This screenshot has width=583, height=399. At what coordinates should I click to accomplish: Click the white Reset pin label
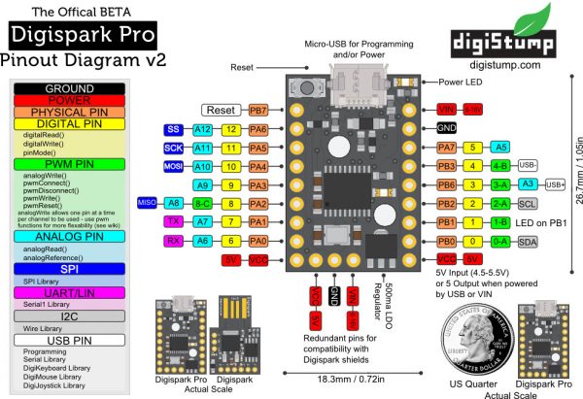tap(223, 110)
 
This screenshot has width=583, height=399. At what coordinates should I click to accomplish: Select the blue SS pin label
tap(174, 129)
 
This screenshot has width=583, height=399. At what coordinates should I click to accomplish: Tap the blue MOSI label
tap(174, 167)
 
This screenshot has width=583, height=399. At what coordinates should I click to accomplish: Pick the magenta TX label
tap(174, 221)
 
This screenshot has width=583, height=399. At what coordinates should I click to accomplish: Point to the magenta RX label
tap(174, 240)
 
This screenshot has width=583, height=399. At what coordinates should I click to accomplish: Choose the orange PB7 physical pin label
tap(258, 110)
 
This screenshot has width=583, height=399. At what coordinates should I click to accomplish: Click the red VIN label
tap(447, 109)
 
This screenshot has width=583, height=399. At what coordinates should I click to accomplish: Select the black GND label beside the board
tap(447, 128)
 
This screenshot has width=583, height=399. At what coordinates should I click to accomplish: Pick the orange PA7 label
tap(447, 148)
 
